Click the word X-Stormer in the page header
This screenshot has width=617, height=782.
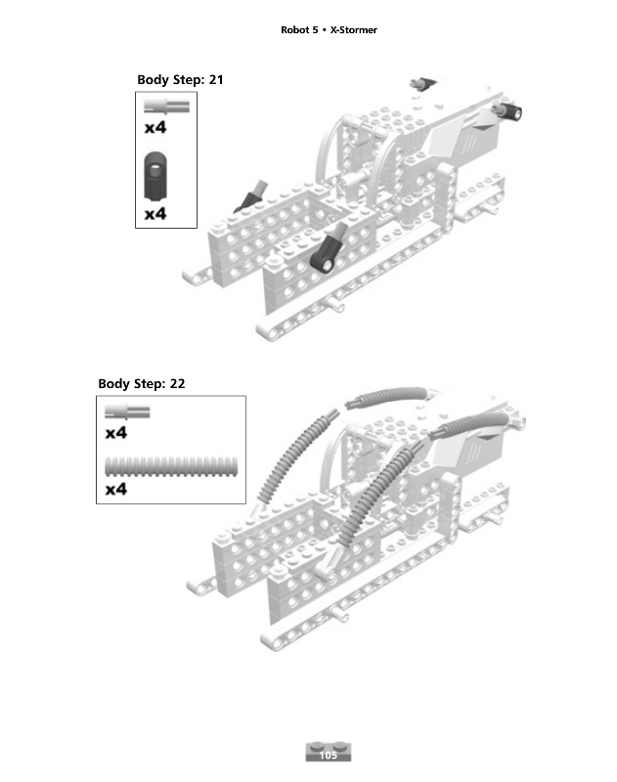coord(354,30)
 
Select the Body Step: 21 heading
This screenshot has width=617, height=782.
coord(180,79)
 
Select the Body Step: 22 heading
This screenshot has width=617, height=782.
coord(142,383)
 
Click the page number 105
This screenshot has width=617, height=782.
coord(328,755)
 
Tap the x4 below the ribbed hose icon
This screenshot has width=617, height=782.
coord(116,488)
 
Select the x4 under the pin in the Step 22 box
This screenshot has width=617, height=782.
coord(116,432)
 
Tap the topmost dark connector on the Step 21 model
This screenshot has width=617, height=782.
coord(422,84)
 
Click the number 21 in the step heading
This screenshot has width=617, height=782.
coord(215,79)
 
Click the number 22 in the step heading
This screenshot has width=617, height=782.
coord(177,383)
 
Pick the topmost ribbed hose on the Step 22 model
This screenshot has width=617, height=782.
coord(393,395)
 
